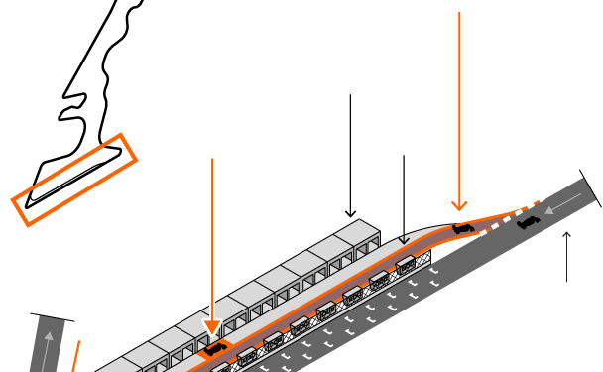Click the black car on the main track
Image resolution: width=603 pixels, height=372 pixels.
tap(528, 220)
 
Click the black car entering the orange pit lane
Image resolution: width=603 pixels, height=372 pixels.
tap(463, 229)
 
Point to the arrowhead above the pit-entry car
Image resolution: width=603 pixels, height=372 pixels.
tap(458, 205)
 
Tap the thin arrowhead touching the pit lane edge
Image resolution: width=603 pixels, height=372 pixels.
tap(403, 239)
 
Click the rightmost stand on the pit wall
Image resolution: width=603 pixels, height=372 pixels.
tap(406, 264)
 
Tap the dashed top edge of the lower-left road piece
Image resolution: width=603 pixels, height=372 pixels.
tap(54, 318)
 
